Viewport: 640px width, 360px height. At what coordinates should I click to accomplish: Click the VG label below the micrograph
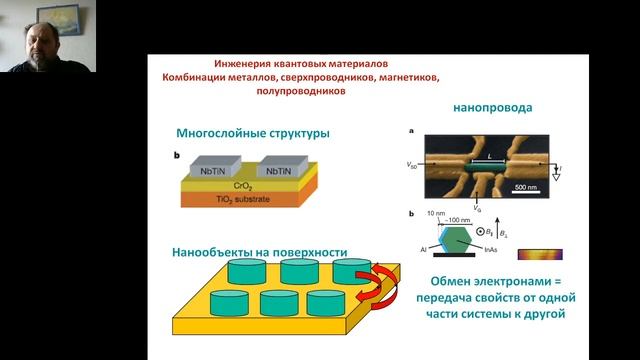462,204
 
